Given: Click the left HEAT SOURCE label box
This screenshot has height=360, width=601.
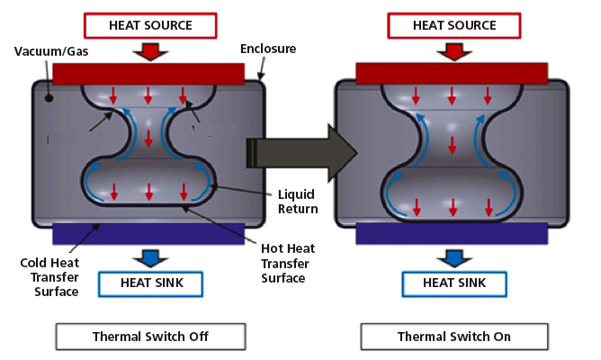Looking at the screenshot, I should (149, 25).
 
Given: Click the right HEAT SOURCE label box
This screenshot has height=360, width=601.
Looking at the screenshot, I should (453, 25).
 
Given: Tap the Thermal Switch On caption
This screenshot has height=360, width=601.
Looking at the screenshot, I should (453, 337).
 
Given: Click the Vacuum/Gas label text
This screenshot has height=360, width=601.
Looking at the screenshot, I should (44, 51).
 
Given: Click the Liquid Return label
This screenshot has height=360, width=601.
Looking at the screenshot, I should (298, 202).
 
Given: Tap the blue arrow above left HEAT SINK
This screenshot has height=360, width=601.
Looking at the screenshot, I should (149, 258).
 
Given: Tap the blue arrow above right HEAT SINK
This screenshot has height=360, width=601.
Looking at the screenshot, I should (453, 258).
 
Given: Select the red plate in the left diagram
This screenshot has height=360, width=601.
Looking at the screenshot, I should (149, 73).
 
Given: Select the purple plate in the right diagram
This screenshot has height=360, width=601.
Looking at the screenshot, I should (453, 233).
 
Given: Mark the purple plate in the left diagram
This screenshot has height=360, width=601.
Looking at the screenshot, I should (149, 233).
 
